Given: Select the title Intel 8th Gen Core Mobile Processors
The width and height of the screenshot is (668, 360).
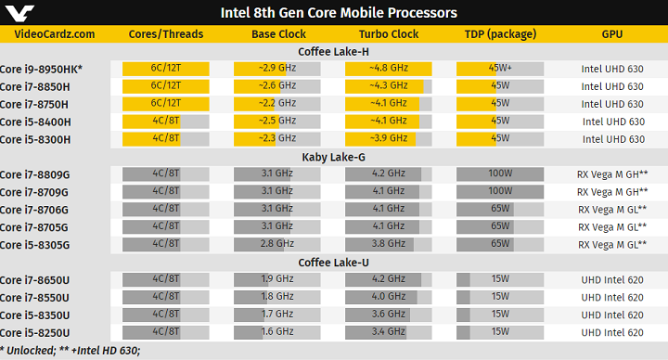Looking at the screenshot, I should click(338, 13).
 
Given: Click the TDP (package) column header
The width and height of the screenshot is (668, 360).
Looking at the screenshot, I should click(500, 34).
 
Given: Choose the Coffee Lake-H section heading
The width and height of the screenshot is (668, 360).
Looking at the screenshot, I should click(333, 52).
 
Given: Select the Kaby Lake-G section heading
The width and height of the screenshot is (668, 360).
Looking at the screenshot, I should click(333, 157).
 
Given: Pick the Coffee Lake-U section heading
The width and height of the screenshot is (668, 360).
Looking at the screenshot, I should click(333, 263).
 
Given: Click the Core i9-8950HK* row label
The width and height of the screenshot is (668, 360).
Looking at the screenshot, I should click(41, 69).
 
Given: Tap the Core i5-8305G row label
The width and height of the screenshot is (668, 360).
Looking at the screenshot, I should click(34, 245).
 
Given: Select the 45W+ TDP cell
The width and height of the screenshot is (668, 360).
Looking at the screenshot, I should click(500, 69).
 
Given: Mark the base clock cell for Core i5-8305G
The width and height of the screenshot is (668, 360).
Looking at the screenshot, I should click(276, 245).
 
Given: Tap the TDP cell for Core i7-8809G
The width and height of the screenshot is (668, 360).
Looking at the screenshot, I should click(500, 174).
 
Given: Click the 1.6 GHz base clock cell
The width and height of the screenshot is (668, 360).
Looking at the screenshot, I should click(276, 332).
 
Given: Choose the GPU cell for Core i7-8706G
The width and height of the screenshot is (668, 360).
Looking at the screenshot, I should click(611, 210).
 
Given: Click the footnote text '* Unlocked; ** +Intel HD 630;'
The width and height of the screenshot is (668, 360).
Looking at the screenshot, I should click(71, 351).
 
